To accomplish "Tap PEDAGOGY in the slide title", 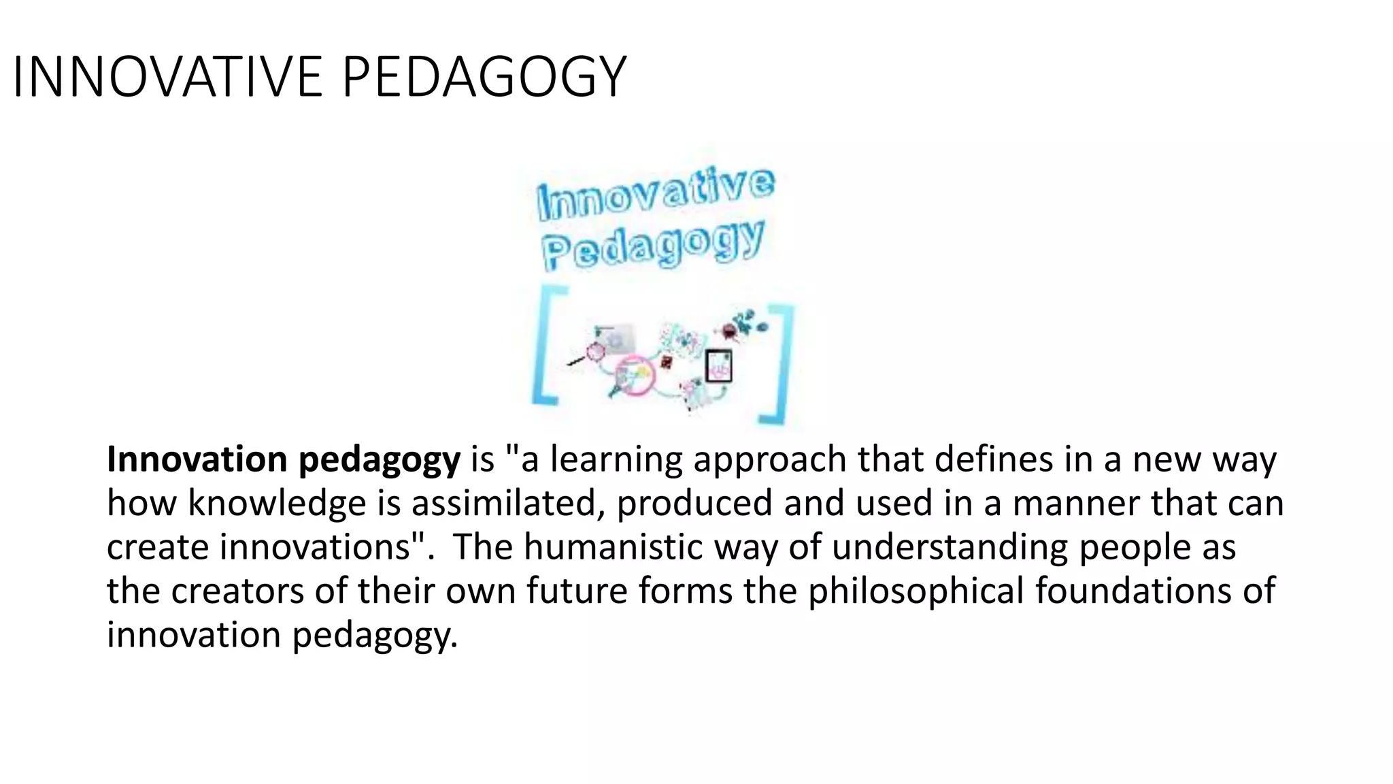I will click(x=484, y=77).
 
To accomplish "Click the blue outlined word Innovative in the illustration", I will click(x=655, y=193).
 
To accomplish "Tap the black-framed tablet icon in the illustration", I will click(x=718, y=365).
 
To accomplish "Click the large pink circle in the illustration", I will click(x=635, y=374).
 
